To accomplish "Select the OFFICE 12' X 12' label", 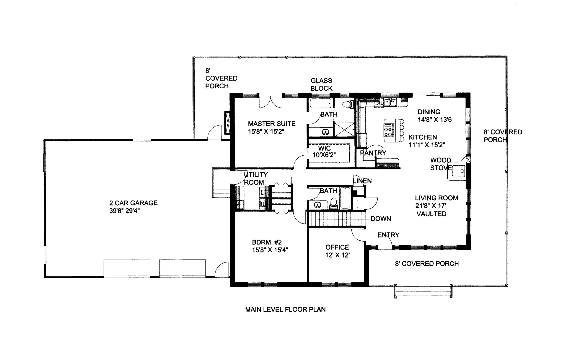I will [337, 251].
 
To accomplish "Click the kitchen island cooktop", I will [389, 130].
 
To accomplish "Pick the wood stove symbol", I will [457, 172].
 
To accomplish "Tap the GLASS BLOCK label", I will [321, 84].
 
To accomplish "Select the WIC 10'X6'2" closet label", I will [324, 152].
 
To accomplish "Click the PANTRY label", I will [373, 153].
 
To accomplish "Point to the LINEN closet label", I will [362, 181].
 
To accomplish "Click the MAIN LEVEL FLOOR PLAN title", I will [285, 309].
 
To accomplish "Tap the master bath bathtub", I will [320, 103].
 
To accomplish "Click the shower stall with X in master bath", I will [344, 130].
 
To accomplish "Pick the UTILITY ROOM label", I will [255, 178].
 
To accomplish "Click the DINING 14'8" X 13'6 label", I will [434, 116].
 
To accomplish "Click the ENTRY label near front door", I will [388, 235].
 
